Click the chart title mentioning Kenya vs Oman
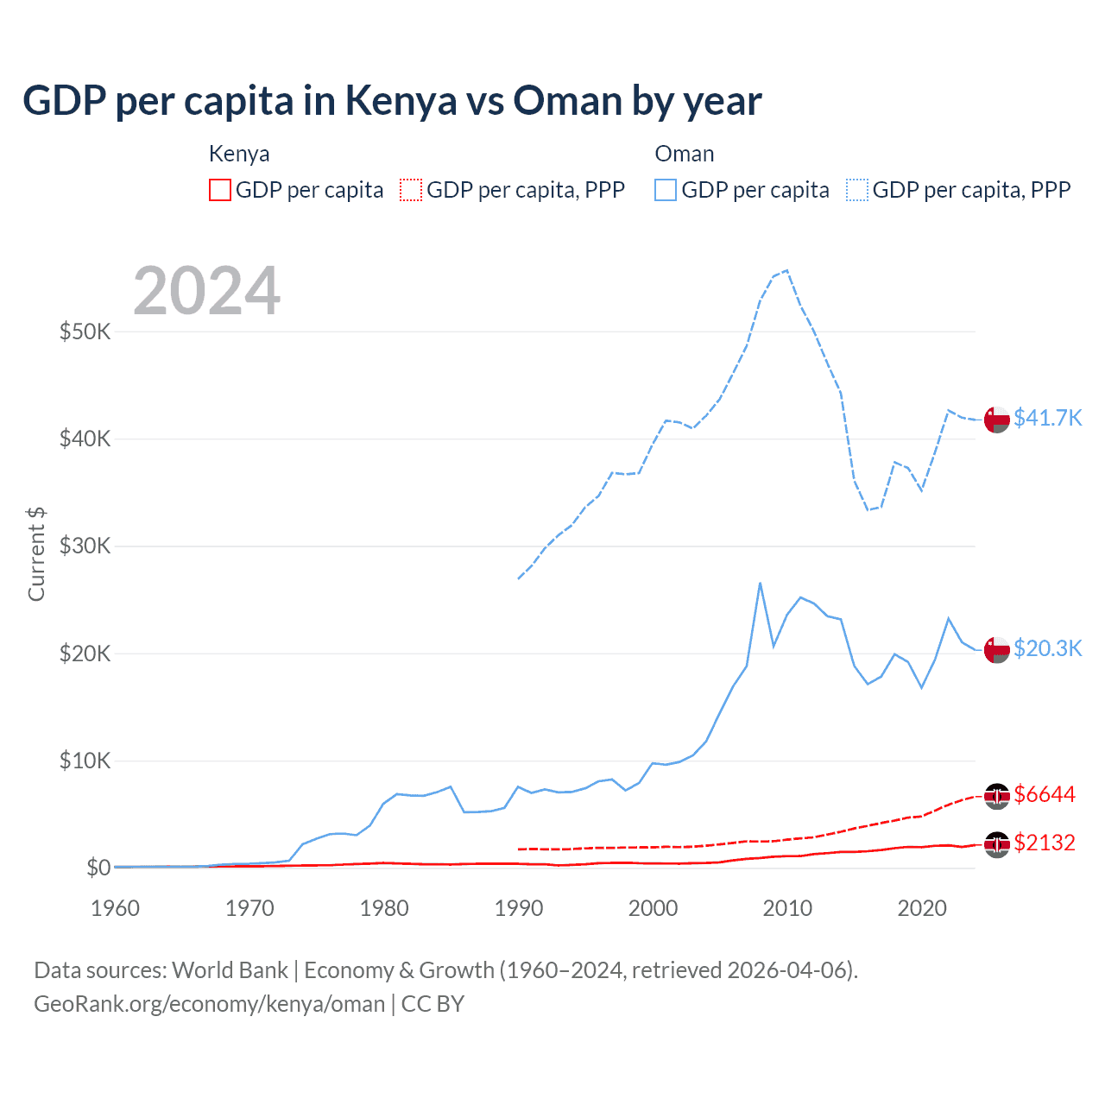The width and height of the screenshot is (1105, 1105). pos(392,101)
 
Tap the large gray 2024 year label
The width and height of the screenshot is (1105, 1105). pos(206,291)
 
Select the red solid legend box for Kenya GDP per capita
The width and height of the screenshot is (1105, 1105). pos(220,190)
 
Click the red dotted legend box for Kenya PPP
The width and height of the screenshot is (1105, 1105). pos(411,190)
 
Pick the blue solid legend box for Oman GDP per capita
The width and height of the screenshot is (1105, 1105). pos(666,190)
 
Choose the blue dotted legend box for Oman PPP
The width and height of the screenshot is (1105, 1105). pos(857,190)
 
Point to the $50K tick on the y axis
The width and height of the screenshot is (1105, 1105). pos(85,331)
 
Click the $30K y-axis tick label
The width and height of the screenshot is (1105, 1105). pos(85,546)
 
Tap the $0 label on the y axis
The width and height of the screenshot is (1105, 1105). pos(98,868)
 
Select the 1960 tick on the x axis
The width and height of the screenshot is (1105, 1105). pos(115,908)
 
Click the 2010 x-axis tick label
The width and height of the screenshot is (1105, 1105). pos(787,908)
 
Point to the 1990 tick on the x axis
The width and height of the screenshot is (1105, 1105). pos(519,908)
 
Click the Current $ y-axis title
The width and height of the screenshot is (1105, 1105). pos(36,554)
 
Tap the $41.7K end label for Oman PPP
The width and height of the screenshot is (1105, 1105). pos(1047,418)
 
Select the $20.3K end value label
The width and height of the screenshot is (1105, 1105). pos(1047,648)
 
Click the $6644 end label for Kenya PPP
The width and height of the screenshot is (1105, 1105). pos(1045,794)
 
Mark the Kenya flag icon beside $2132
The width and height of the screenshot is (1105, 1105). pos(997,843)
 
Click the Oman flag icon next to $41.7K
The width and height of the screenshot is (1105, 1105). pos(997,420)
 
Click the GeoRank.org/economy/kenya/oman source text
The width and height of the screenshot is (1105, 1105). pos(209,1004)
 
